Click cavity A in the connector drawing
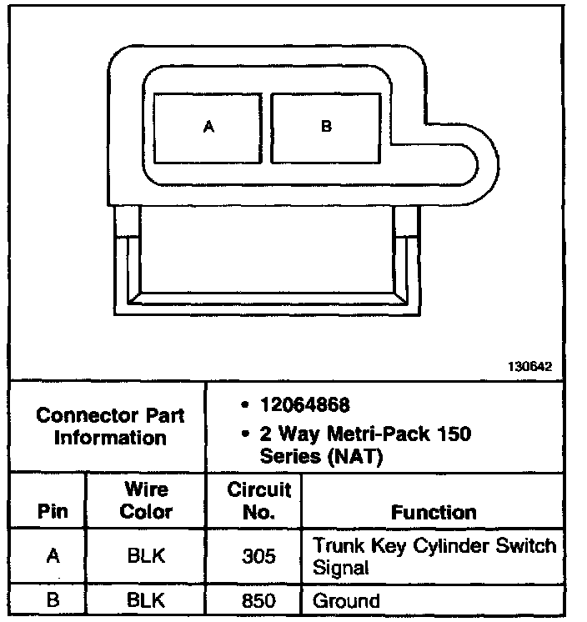209,128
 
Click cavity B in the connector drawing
326,128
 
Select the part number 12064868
304,406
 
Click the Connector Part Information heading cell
109,426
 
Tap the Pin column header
53,511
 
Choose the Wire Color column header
146,500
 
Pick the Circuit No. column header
258,500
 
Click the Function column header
434,512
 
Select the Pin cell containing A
53,556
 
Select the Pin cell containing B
53,600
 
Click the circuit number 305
258,556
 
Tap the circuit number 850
258,600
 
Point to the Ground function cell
346,601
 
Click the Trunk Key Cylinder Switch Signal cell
433,556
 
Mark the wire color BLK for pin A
146,556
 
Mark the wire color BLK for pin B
146,600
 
